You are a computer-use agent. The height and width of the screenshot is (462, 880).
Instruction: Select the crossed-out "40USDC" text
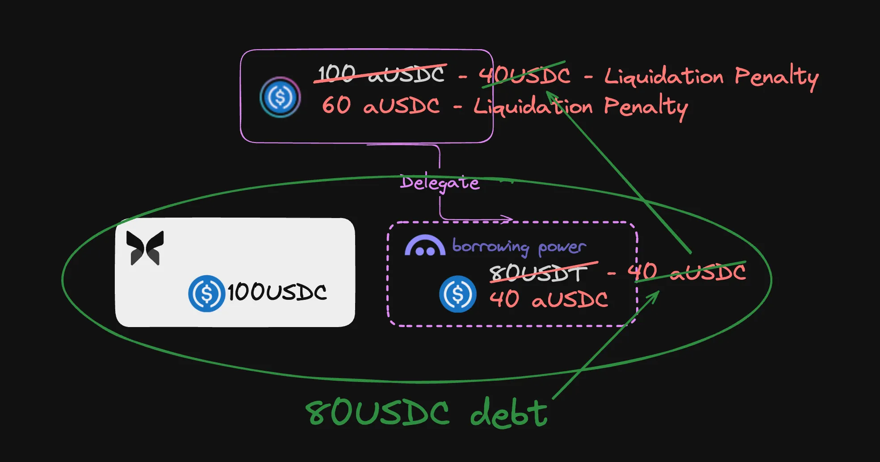pos(525,75)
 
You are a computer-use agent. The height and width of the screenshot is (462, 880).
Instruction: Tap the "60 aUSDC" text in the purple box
pos(381,105)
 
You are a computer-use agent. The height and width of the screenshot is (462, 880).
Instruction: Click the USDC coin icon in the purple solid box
pos(280,97)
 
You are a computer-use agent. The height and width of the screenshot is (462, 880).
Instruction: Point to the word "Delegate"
pos(440,182)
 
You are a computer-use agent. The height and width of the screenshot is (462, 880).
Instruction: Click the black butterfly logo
pos(145,248)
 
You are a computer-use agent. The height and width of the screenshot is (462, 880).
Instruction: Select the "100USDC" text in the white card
pos(277,293)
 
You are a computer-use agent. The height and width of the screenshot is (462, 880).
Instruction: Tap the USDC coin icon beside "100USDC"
pos(206,293)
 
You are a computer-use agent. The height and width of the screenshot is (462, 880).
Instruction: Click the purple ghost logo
pos(425,246)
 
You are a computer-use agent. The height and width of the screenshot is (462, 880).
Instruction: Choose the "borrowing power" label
pos(519,246)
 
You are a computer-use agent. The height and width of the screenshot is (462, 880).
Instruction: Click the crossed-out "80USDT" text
pos(539,273)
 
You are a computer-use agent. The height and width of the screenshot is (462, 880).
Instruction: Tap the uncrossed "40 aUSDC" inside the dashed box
pos(549,299)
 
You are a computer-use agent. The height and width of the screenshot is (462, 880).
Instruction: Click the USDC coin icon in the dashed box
pos(457,294)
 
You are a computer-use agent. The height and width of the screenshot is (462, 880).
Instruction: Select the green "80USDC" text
pos(377,412)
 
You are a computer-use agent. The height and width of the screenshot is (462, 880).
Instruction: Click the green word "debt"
pos(509,412)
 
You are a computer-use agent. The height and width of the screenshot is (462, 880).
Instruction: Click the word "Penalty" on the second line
pos(646,107)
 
